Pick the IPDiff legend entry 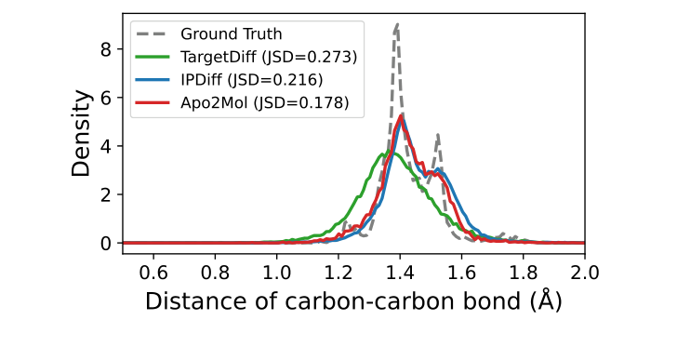coord(246,80)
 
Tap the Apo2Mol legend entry coord(260,102)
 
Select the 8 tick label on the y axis coord(107,48)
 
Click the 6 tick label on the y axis coord(107,98)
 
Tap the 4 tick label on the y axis coord(107,146)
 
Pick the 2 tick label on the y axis coord(107,194)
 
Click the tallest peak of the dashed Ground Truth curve coord(397,24)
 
